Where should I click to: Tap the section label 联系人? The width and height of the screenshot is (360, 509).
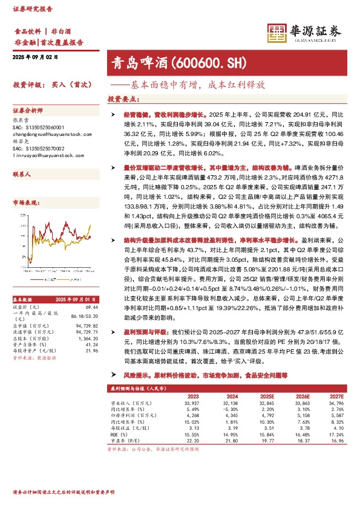pos(22,174)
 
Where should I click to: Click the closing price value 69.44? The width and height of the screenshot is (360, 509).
pos(92,308)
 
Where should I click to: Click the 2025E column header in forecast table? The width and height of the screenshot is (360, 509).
pos(267,397)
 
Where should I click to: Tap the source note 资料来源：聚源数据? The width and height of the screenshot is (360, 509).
pos(34,358)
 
